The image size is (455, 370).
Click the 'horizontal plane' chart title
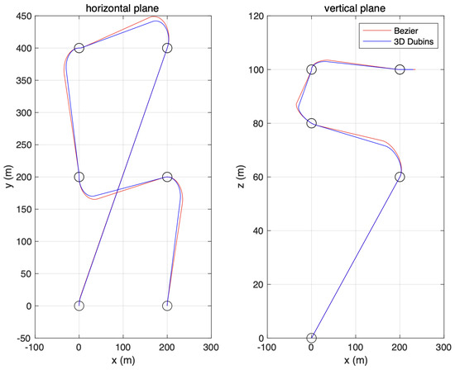click(123, 7)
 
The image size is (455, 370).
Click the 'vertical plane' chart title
click(356, 7)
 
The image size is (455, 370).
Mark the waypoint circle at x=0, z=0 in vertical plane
click(311, 338)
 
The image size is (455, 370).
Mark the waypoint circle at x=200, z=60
click(400, 177)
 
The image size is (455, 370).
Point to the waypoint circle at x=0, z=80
click(311, 123)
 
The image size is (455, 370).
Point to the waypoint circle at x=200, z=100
click(400, 69)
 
